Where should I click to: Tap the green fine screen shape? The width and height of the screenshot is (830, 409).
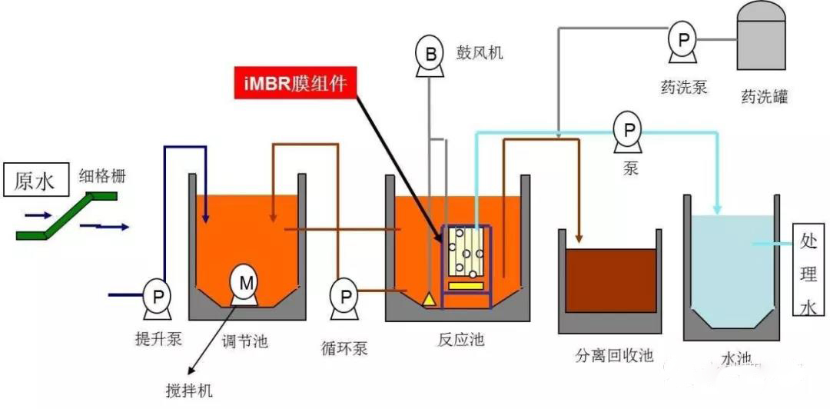coord(65,214)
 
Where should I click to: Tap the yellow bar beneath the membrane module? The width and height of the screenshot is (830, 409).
coord(466,287)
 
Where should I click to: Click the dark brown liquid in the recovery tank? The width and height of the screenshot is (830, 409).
coord(610,280)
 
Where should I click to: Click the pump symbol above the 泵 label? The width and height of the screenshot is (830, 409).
coord(629,131)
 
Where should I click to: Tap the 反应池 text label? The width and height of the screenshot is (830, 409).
coord(459,339)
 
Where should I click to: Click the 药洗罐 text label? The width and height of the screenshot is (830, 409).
coord(764,98)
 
